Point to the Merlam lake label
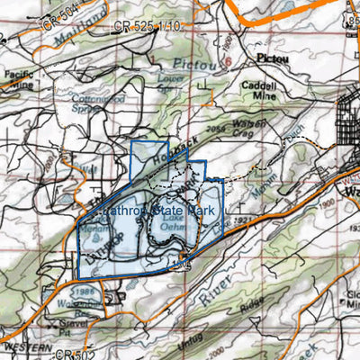92,231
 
